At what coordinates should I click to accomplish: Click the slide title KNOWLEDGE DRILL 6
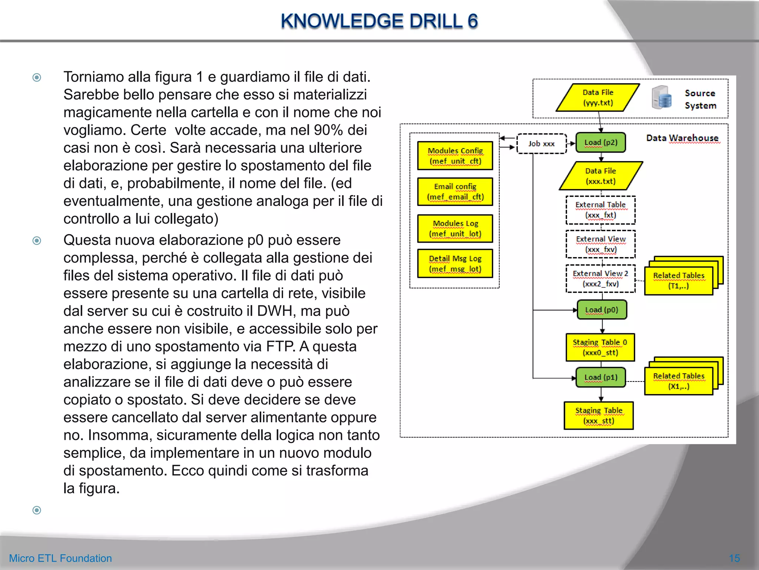coord(379,21)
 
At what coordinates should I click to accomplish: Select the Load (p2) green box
coord(601,142)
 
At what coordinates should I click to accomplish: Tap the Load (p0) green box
coord(602,310)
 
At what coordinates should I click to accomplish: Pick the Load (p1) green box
coord(601,377)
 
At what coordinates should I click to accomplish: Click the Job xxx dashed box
coord(541,144)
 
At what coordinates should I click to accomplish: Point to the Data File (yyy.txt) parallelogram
coord(598,98)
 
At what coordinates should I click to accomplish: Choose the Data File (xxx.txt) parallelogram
coord(600,176)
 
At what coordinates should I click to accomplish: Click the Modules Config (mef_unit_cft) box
coord(455,156)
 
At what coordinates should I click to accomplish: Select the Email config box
coord(455,191)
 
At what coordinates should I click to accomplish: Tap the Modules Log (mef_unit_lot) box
coord(455,228)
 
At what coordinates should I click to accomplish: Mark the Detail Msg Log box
coord(455,263)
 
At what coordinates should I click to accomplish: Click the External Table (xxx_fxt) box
coord(600,210)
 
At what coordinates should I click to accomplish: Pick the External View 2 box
coord(600,279)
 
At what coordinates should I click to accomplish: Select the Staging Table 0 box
coord(600,347)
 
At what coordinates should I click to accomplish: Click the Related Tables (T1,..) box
coord(678,281)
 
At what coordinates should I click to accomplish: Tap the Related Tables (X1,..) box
coord(678,381)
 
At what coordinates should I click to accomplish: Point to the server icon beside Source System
coord(661,98)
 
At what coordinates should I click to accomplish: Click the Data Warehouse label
coord(682,138)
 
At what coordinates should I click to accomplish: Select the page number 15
coord(734,558)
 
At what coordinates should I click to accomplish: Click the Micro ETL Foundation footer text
coord(60,558)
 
